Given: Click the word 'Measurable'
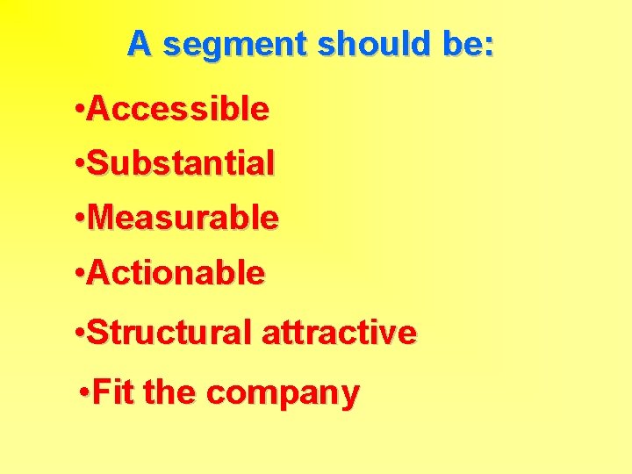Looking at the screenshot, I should click(x=183, y=218).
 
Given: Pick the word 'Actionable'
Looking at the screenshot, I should click(x=176, y=273).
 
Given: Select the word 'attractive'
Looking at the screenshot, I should click(x=339, y=333).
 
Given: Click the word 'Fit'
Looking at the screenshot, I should click(x=114, y=392).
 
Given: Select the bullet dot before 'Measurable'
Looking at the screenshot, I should click(x=80, y=219).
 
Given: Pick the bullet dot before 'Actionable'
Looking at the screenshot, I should click(x=80, y=274).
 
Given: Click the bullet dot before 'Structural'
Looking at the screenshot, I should click(x=80, y=334).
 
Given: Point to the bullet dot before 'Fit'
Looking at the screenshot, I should click(x=83, y=393).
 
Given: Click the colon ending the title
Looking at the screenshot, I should click(x=489, y=47).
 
